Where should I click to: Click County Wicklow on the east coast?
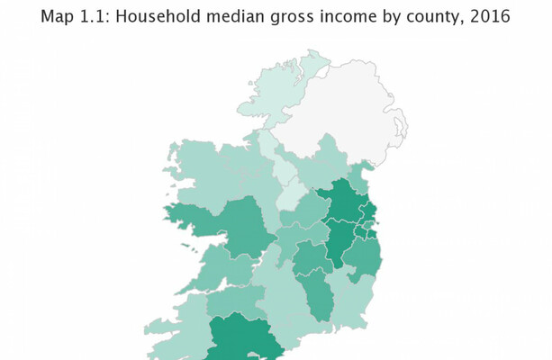pyautogui.click(x=362, y=256)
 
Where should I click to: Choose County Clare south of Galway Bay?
pyautogui.click(x=216, y=270)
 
